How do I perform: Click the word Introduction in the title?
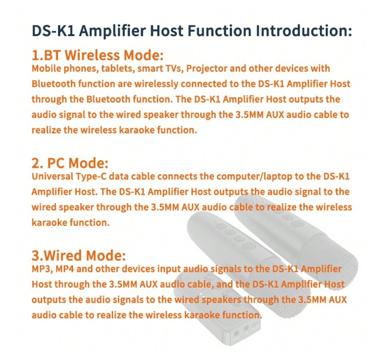point(303,31)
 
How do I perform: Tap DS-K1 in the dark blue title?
point(53,31)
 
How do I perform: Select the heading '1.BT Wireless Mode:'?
point(97,55)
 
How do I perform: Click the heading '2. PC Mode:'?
point(70,163)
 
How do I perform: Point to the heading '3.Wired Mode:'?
point(79,255)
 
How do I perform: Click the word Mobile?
point(46,68)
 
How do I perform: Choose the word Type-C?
point(91,177)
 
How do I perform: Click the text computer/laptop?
point(254,177)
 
